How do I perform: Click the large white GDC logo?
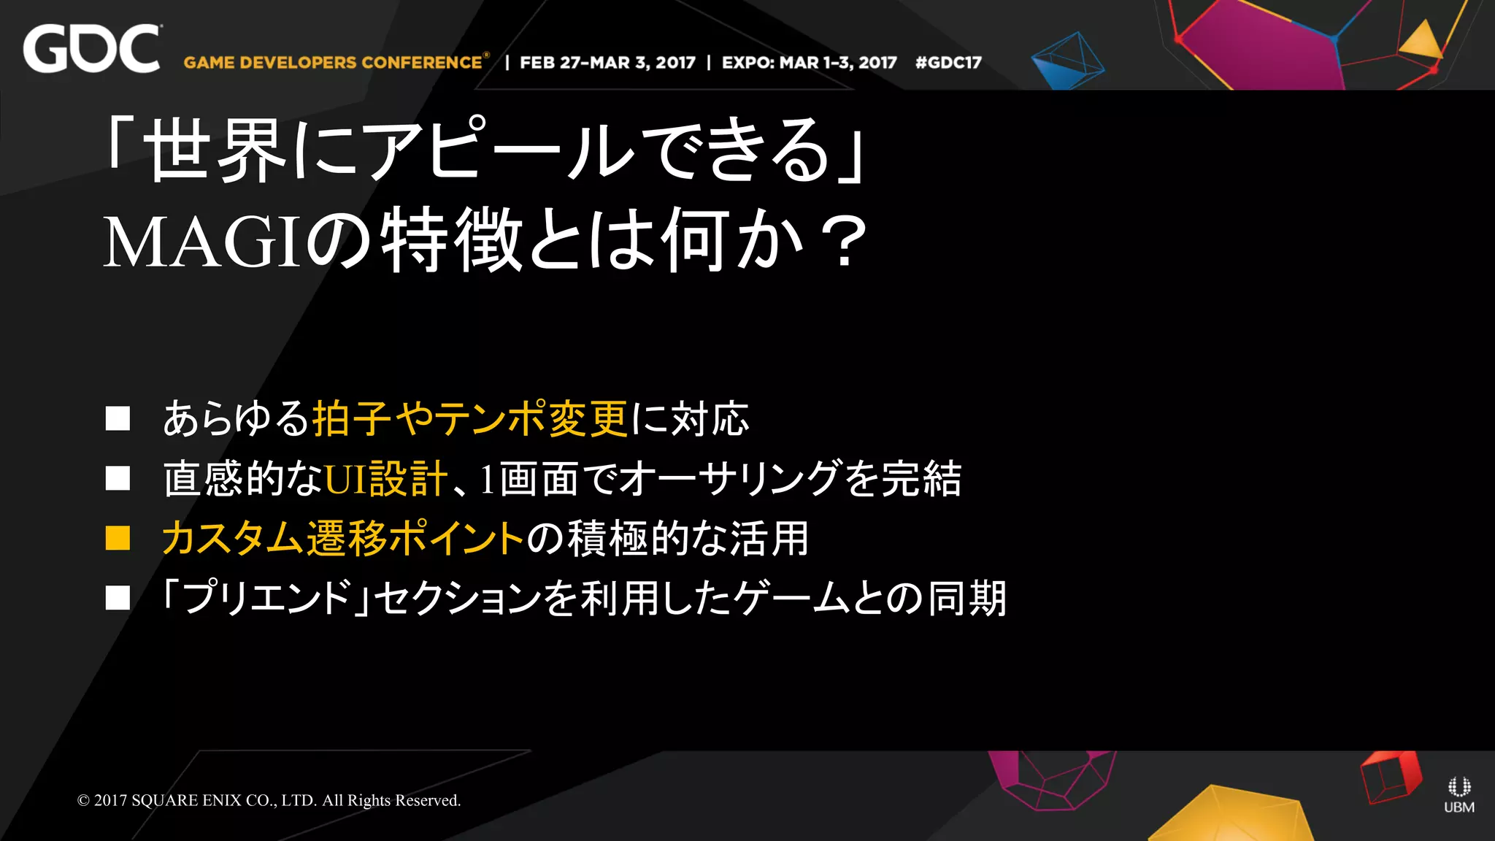coord(91,49)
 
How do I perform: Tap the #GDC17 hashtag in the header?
coord(948,63)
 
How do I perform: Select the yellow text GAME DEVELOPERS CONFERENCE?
coord(333,63)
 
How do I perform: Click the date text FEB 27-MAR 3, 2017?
coord(607,63)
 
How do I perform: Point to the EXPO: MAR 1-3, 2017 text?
coord(809,63)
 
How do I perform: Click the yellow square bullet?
coord(118,538)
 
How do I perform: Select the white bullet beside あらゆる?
coord(118,418)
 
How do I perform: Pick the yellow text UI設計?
coord(385,479)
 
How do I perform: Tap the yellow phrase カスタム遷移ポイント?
coord(342,539)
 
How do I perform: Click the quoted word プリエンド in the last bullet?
coord(268,599)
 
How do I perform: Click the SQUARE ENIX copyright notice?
coord(269,800)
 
